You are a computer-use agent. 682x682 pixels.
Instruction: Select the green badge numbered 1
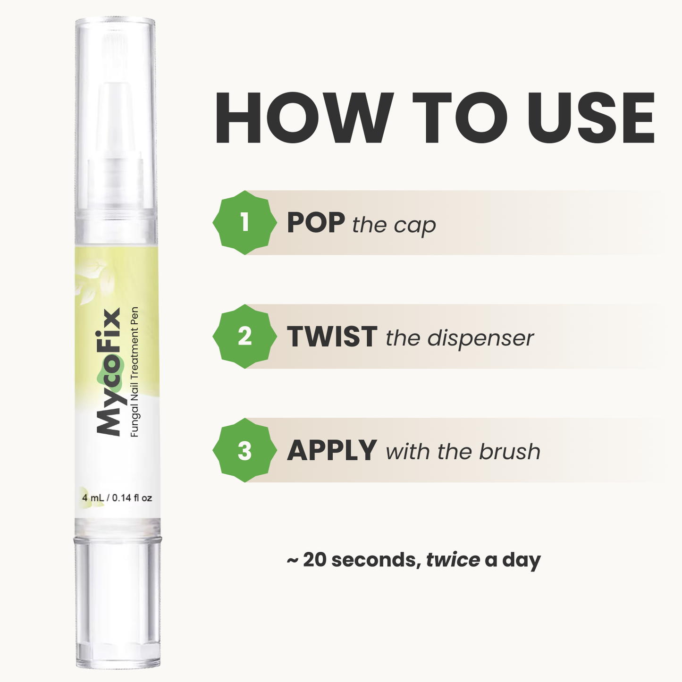244,222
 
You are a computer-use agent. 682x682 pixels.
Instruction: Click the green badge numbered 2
244,337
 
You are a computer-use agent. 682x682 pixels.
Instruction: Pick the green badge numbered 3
244,450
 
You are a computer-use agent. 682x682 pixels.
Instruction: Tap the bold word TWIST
332,337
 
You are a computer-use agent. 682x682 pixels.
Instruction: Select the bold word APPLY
332,451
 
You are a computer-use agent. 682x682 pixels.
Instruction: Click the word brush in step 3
510,452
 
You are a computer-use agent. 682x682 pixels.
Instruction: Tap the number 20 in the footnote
316,560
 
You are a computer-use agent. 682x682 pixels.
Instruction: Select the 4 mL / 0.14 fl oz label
117,498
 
